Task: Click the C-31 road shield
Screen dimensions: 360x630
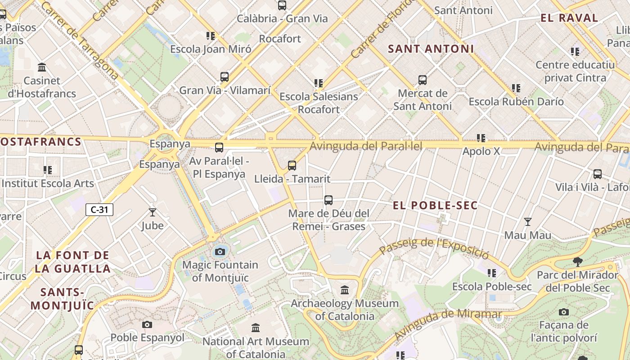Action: [x=99, y=209]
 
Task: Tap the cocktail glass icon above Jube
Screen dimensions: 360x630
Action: [x=153, y=212]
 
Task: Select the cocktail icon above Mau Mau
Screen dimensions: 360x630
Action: [x=527, y=222]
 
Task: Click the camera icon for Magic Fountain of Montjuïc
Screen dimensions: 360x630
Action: [x=220, y=252]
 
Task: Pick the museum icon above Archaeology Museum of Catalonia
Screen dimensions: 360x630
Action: [x=345, y=290]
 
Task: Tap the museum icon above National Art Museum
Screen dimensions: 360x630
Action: [x=256, y=328]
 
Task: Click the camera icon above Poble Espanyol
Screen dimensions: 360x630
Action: [x=147, y=324]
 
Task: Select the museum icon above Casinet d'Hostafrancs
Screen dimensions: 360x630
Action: [x=42, y=67]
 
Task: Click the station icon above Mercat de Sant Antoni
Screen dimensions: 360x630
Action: [x=422, y=80]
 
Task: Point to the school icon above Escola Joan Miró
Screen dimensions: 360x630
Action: [x=211, y=36]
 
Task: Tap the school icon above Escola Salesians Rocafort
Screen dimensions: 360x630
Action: [x=319, y=83]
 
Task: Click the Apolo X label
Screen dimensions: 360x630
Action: [x=481, y=151]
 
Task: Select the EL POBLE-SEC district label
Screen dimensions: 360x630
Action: [x=435, y=206]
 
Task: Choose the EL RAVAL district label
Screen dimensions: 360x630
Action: [x=569, y=18]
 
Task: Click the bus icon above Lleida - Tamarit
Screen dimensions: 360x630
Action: [x=292, y=166]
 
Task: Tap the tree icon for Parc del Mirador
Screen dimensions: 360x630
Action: [x=577, y=261]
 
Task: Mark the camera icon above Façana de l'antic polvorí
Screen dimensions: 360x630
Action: [x=563, y=312]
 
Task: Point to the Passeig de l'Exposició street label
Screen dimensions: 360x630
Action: [x=434, y=247]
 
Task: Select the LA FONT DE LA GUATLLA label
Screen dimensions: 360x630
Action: [x=73, y=262]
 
